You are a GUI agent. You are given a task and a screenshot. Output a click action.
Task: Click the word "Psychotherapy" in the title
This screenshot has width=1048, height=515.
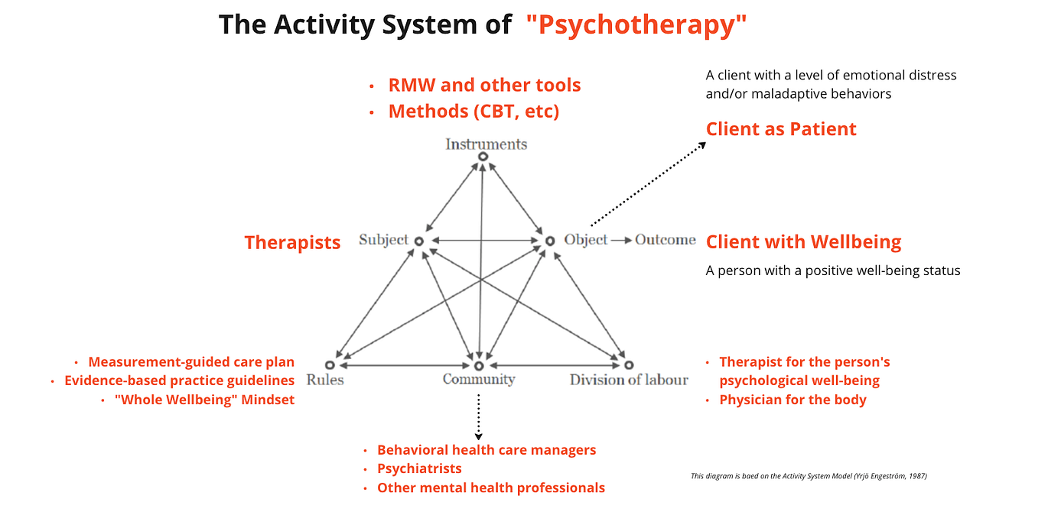(x=636, y=25)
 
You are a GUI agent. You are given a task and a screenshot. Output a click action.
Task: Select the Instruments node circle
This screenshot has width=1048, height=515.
(x=483, y=157)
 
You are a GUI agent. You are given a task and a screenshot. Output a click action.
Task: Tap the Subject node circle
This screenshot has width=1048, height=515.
(x=419, y=241)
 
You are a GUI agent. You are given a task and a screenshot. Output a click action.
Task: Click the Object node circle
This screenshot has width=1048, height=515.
(x=549, y=241)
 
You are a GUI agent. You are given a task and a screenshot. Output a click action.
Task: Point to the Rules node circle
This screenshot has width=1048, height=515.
(x=330, y=365)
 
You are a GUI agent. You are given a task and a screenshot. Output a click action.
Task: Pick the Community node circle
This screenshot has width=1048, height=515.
(x=479, y=365)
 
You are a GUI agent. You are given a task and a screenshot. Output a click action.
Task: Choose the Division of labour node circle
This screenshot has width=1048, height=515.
(x=629, y=365)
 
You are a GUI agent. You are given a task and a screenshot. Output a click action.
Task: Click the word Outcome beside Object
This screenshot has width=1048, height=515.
(x=665, y=240)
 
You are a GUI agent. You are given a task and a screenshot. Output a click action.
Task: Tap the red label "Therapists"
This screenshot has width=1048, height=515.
(x=292, y=243)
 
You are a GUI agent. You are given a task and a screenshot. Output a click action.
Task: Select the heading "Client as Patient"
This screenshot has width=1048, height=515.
(x=781, y=129)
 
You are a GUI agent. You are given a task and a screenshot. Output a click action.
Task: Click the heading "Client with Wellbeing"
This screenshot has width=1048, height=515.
(x=803, y=242)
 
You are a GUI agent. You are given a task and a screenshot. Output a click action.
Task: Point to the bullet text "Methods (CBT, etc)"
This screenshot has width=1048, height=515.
(x=474, y=112)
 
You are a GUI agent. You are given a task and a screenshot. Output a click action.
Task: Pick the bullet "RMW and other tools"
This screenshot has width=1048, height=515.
(x=484, y=85)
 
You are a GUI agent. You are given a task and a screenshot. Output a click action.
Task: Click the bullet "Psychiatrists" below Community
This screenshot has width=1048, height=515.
(x=419, y=468)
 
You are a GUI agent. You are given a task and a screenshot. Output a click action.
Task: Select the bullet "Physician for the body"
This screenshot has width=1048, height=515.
(x=793, y=400)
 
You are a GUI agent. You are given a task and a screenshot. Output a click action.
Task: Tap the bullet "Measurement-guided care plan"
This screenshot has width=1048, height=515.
(x=191, y=362)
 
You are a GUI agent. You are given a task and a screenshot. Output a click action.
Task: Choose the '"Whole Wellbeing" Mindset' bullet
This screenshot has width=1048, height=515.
(x=204, y=400)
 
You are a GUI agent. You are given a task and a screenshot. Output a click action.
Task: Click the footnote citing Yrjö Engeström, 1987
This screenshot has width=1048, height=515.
(x=809, y=476)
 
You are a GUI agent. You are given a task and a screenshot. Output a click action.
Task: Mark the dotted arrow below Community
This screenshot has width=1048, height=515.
(x=479, y=416)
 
